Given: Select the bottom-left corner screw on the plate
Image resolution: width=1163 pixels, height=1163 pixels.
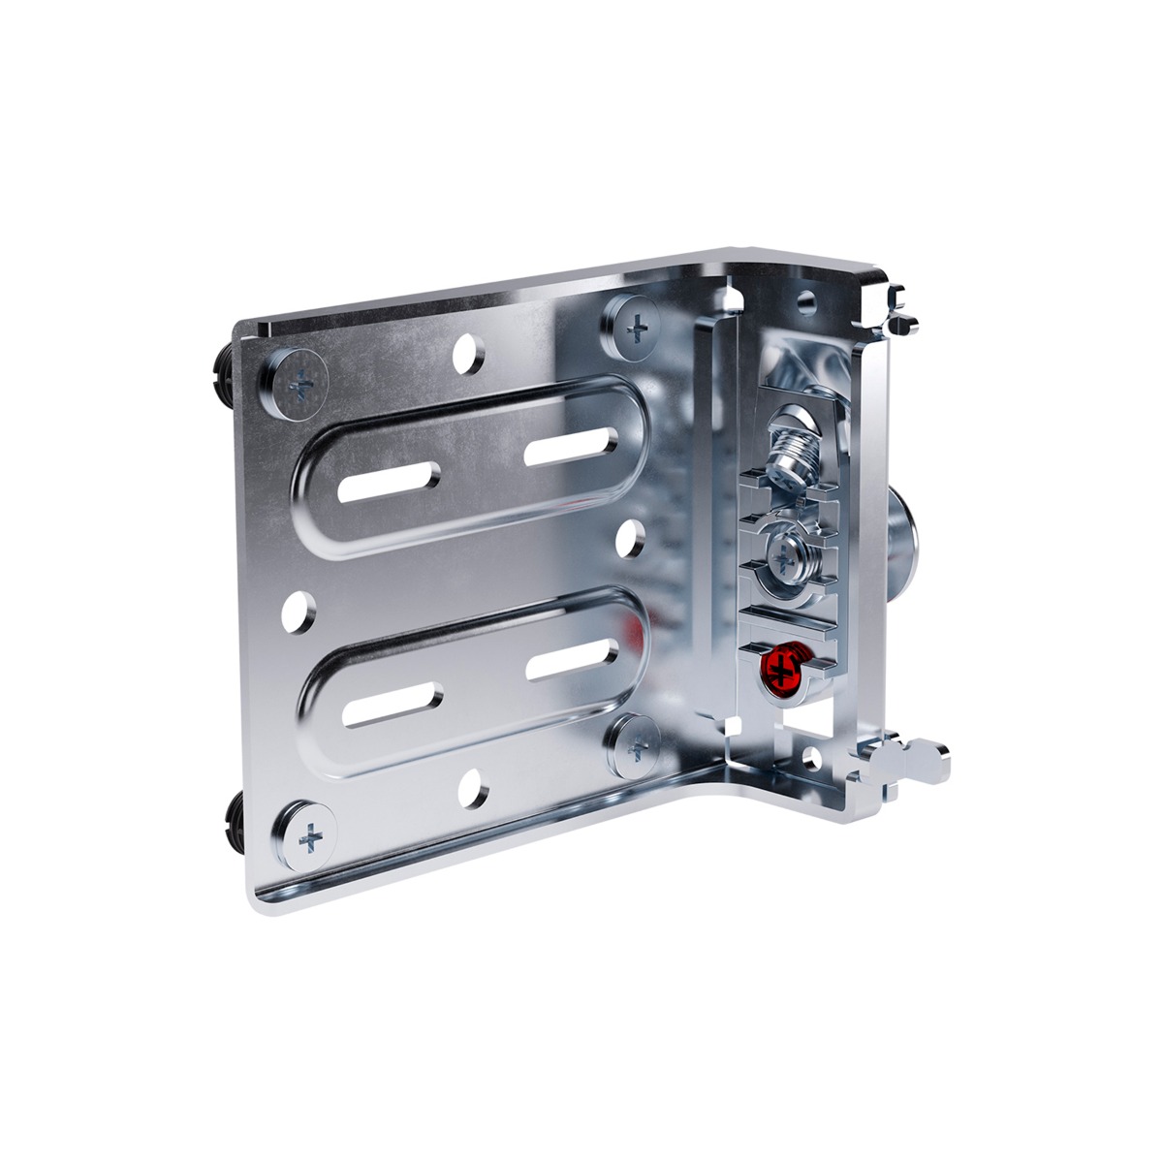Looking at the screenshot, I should pos(310,834).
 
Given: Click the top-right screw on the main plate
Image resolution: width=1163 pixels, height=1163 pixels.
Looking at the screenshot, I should pos(637,329).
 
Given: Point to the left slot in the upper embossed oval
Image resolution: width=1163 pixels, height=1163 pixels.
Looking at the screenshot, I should pos(389,481).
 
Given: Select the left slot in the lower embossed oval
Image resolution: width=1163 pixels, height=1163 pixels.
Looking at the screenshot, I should pos(393,706).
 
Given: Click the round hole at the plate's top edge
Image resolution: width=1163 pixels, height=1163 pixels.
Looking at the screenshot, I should pos(470,355).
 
